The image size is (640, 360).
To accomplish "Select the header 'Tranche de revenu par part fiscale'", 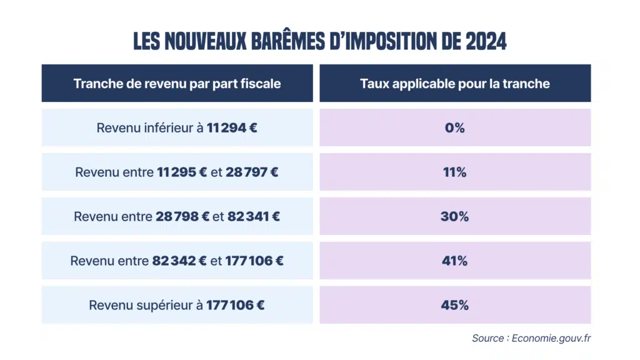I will [177, 84].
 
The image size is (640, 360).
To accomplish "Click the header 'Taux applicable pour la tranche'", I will [455, 84].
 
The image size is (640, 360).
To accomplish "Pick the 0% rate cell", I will [455, 128].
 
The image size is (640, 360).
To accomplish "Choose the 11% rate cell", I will [455, 172].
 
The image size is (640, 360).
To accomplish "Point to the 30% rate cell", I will [455, 217].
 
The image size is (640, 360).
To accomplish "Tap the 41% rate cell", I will [455, 261].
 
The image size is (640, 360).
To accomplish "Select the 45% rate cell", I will [455, 306].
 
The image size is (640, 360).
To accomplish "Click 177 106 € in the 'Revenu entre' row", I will [254, 261].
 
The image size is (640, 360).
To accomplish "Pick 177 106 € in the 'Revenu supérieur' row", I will [235, 306].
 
